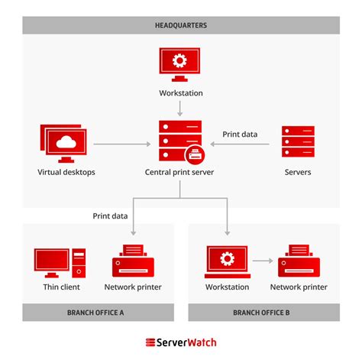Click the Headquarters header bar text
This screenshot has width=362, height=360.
(x=181, y=25)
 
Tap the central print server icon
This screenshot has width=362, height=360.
(x=180, y=141)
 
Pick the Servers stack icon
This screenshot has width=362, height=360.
(x=297, y=142)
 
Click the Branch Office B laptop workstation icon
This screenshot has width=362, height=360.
(x=227, y=261)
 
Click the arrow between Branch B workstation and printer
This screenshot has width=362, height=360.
(x=262, y=261)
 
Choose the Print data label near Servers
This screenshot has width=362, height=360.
(x=240, y=134)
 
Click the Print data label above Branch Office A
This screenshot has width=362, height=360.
(x=110, y=216)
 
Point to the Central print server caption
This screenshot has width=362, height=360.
(x=180, y=172)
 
